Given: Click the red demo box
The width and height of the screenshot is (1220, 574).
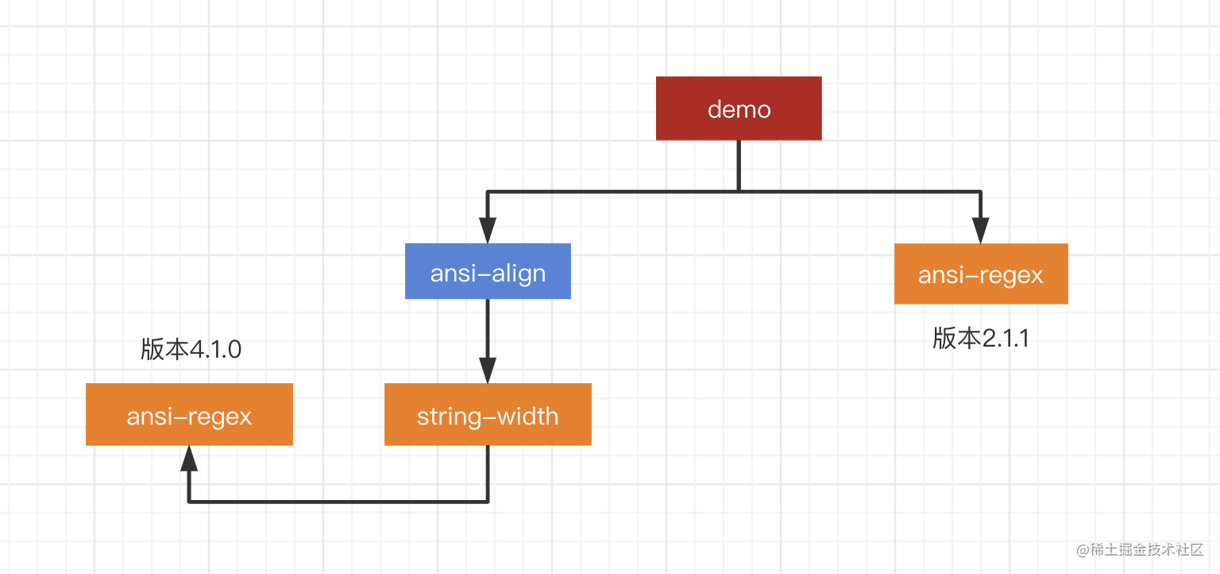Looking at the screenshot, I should (x=739, y=108).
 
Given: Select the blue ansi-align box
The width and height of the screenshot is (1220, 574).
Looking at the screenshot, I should (x=488, y=271).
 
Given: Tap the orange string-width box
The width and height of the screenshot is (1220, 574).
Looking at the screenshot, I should (x=488, y=414).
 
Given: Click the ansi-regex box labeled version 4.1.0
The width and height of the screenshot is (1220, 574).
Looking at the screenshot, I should (x=189, y=414).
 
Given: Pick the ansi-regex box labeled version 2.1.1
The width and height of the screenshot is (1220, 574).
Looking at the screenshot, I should (x=981, y=273).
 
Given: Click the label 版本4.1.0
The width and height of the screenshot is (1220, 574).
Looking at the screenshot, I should (x=191, y=350).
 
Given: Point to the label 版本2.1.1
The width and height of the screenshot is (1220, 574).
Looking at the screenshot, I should (x=981, y=339).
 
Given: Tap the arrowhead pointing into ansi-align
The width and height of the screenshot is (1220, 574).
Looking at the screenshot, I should (x=488, y=231).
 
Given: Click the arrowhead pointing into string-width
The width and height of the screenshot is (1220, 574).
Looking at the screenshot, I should (x=488, y=370).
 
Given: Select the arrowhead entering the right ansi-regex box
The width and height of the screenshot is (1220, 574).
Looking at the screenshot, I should (x=981, y=231).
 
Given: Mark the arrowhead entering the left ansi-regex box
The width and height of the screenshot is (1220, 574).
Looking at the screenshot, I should (x=189, y=459).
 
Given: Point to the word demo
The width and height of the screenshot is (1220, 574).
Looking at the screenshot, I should (x=739, y=109).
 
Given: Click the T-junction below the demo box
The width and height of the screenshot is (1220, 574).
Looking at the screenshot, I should (x=739, y=191).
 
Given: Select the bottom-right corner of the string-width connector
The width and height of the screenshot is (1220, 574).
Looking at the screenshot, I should (x=488, y=502).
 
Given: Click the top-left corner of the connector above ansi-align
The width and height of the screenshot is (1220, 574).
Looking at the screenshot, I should (x=488, y=192).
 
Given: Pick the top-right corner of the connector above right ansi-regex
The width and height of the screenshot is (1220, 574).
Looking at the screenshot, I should (x=981, y=192).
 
